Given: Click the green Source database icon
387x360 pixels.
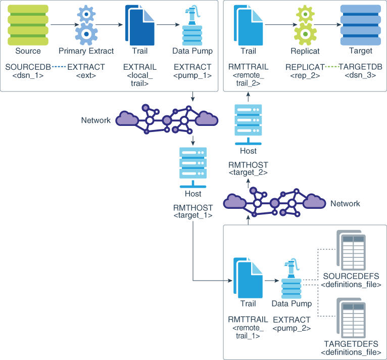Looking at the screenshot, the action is pyautogui.click(x=28, y=25).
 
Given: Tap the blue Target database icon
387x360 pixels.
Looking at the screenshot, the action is pyautogui.click(x=361, y=25).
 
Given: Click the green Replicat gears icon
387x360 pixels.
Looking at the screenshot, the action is pyautogui.click(x=305, y=25).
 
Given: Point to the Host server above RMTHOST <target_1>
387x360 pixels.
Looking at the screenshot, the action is pyautogui.click(x=193, y=167).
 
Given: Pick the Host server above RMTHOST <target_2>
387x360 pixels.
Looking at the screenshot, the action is pyautogui.click(x=248, y=124).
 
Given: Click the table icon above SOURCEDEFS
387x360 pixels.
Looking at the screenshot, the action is pyautogui.click(x=351, y=250).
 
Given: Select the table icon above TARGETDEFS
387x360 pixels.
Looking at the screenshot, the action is pyautogui.click(x=351, y=318).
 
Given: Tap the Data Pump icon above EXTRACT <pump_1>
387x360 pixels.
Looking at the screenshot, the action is pyautogui.click(x=192, y=25).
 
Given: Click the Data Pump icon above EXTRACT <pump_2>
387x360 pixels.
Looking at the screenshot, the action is pyautogui.click(x=291, y=279).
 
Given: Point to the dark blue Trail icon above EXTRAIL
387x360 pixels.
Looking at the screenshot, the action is pyautogui.click(x=140, y=25).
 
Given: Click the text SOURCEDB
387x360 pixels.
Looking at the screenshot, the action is pyautogui.click(x=28, y=67).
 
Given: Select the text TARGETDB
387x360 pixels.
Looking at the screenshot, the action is pyautogui.click(x=360, y=67).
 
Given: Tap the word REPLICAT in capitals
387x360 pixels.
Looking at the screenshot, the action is pyautogui.click(x=305, y=67).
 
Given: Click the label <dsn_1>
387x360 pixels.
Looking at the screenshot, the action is pyautogui.click(x=28, y=75).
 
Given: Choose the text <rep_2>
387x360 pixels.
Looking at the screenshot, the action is pyautogui.click(x=305, y=75).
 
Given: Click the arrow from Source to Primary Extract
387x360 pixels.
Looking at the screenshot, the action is pyautogui.click(x=65, y=25).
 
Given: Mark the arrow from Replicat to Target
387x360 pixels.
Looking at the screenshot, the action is pyautogui.click(x=327, y=25).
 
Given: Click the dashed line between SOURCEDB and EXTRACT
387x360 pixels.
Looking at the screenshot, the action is pyautogui.click(x=59, y=67).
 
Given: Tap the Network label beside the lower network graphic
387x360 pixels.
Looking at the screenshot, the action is pyautogui.click(x=345, y=204).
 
